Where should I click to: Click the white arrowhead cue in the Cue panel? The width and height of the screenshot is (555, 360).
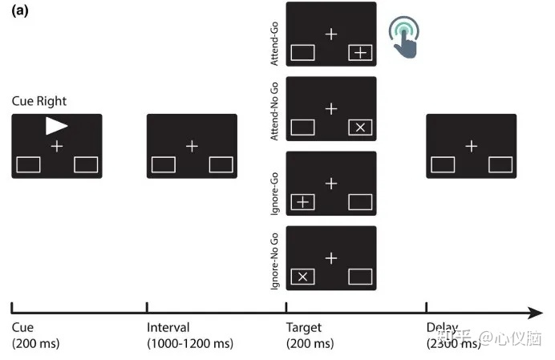coord(56,125)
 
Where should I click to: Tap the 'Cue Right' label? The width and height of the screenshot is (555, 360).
coord(39,101)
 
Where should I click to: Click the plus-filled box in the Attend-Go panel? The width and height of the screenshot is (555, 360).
coord(360,53)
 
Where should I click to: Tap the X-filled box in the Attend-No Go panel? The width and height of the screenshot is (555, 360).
coord(360,127)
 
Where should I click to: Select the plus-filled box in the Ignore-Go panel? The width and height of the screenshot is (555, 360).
coord(302,202)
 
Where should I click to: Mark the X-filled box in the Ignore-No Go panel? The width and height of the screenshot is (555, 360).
coord(302,277)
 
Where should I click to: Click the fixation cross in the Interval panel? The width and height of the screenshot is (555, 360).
coord(192,146)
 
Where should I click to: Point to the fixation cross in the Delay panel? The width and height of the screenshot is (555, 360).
coord(471,146)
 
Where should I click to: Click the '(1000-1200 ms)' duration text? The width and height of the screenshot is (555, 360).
coord(190,343)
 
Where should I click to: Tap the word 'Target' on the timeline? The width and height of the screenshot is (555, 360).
coord(303,327)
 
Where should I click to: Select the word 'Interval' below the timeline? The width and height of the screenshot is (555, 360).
coord(168,327)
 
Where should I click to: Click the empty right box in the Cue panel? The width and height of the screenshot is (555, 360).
coord(86,164)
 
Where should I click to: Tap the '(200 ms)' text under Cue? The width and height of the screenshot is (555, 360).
coord(36,343)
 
